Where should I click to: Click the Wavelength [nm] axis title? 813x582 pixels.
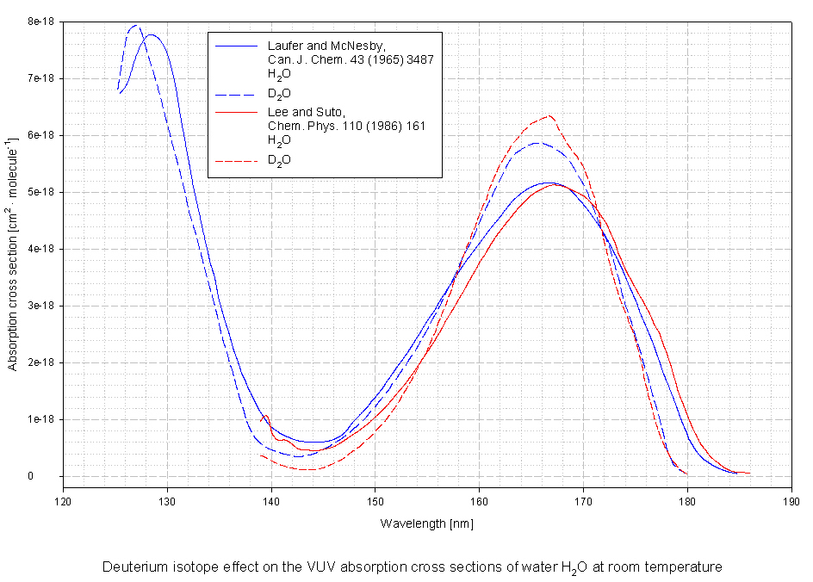[x=427, y=523]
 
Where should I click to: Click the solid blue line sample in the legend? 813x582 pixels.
[x=237, y=45]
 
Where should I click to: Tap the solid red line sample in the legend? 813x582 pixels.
[x=237, y=112]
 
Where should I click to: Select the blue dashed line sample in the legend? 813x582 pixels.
[x=237, y=92]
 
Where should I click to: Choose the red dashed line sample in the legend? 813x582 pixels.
[x=237, y=160]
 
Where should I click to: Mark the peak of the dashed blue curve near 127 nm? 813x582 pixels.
[x=135, y=26]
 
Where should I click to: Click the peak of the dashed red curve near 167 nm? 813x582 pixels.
[x=549, y=115]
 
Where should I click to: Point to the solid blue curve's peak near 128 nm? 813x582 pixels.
[x=152, y=35]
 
